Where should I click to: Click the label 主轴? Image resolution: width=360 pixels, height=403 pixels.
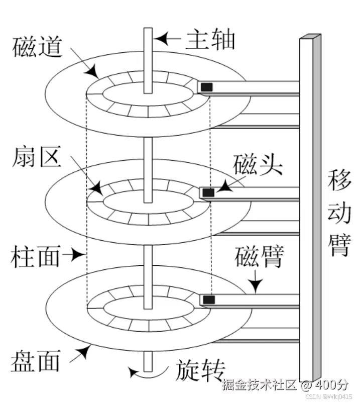coord(210,39)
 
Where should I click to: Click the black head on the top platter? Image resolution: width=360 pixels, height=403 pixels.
coord(206,87)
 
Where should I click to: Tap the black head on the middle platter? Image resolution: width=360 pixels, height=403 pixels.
coord(208,192)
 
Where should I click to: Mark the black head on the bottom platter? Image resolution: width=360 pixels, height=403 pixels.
coord(208,299)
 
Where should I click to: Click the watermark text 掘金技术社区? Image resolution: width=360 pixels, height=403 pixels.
coord(260,385)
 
